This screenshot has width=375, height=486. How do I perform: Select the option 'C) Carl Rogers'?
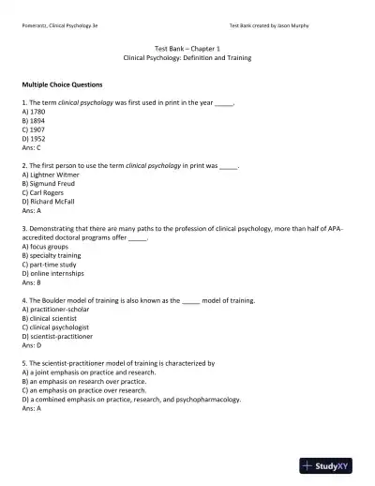point(46,190)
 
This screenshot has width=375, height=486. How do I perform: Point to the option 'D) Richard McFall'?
point(53,198)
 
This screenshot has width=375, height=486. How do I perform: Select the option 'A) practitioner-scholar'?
point(59,310)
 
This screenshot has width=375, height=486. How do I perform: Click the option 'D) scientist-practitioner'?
point(60,333)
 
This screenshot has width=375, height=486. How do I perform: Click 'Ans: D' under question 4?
point(31,342)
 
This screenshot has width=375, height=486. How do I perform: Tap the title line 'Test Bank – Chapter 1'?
point(187,49)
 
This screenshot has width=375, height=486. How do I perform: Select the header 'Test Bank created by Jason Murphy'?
point(281,25)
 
